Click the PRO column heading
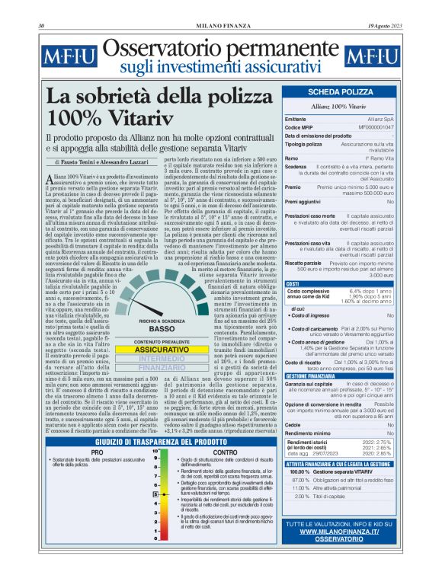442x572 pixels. pyautogui.click(x=97, y=452)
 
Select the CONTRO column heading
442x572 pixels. pyautogui.click(x=225, y=452)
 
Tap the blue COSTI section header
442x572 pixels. pyautogui.click(x=293, y=283)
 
